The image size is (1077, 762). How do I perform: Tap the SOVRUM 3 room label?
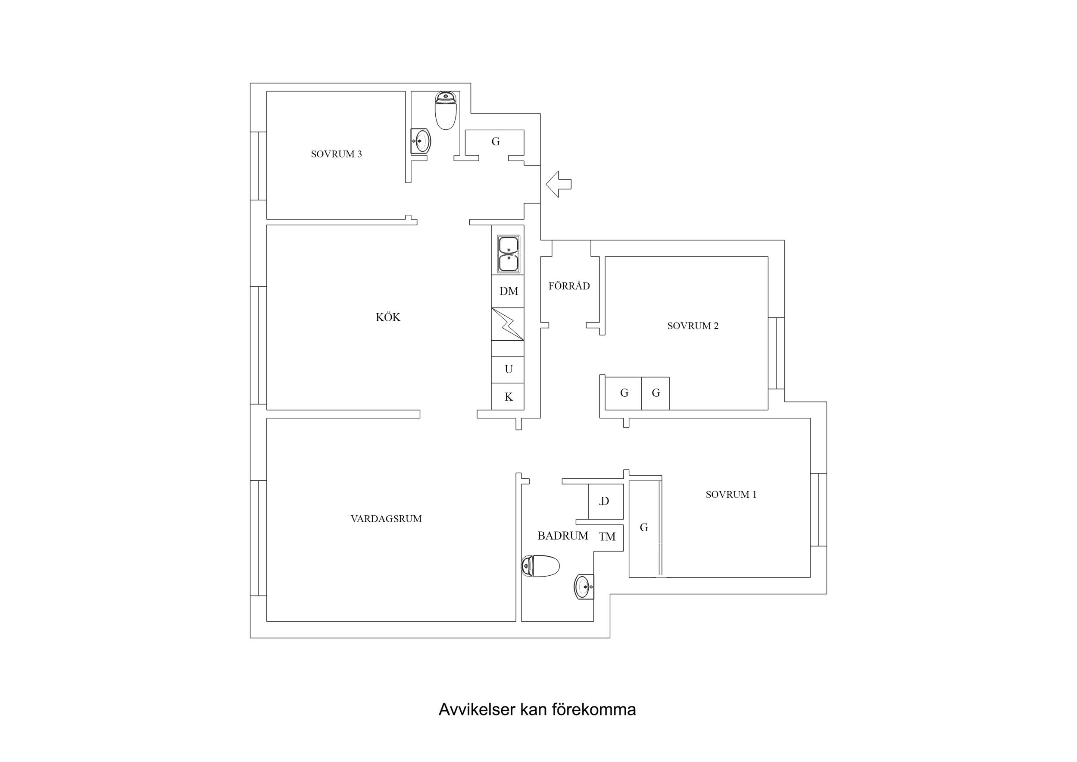[336, 154]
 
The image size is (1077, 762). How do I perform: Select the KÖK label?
[388, 317]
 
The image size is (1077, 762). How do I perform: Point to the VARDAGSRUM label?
[386, 519]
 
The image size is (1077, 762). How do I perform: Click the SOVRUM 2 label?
[693, 326]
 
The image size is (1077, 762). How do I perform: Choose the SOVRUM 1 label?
[731, 494]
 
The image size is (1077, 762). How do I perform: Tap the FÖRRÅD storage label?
[569, 286]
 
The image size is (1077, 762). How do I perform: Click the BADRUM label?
[562, 536]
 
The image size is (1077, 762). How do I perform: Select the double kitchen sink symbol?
[509, 254]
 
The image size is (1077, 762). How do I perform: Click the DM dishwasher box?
[508, 291]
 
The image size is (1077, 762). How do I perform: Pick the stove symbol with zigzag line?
[508, 324]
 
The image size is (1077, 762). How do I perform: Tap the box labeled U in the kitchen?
[508, 370]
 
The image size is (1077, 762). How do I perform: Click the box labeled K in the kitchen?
[508, 397]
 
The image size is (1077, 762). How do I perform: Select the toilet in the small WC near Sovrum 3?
[446, 111]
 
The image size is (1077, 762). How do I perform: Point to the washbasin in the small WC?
[421, 141]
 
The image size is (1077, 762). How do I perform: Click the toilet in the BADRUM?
[541, 566]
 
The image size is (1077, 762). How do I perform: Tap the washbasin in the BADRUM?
[584, 587]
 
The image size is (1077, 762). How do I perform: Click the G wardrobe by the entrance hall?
[495, 141]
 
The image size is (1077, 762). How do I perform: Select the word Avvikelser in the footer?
[476, 709]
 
